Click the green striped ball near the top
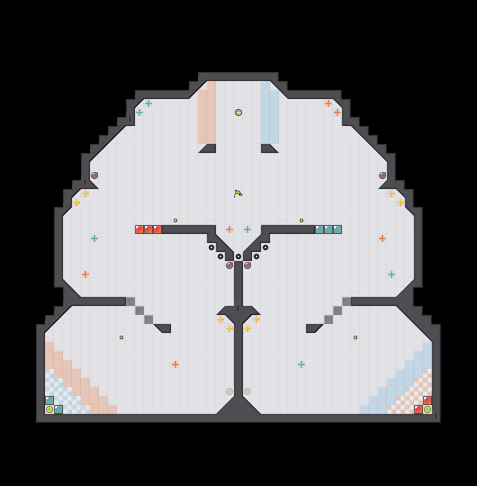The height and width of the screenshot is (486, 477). (x=238, y=112)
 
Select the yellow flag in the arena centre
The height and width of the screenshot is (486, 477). (x=238, y=194)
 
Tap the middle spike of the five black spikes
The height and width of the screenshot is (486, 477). (x=238, y=256)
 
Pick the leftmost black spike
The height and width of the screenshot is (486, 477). (x=211, y=247)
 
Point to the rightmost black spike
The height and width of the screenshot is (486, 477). (x=265, y=247)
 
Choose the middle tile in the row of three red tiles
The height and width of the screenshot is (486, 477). (x=148, y=229)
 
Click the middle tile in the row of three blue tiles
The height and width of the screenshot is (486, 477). (x=328, y=229)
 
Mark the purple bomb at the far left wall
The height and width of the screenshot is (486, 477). (x=94, y=175)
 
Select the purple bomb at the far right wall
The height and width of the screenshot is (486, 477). (x=382, y=175)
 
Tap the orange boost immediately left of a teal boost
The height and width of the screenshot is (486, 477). (x=229, y=229)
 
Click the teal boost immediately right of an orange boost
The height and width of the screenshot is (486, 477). (x=247, y=229)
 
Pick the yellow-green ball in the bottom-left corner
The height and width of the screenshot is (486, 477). (x=49, y=409)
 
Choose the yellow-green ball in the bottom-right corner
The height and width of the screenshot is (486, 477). (x=427, y=409)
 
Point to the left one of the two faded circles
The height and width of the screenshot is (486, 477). (x=229, y=391)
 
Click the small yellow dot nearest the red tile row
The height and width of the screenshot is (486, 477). (x=175, y=220)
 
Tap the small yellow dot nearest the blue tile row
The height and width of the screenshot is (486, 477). (x=301, y=220)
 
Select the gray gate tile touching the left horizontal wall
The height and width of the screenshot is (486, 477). (x=130, y=301)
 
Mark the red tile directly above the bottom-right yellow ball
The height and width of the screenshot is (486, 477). (x=427, y=400)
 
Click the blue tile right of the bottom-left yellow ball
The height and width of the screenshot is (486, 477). (x=58, y=409)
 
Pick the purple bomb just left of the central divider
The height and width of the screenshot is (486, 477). (x=229, y=265)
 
